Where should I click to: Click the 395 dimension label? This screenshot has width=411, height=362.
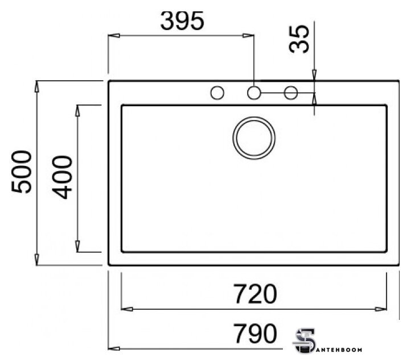182,20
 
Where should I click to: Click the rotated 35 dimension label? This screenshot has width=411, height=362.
299,39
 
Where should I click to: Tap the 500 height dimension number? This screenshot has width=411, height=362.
22,172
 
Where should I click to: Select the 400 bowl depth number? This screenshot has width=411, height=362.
62,177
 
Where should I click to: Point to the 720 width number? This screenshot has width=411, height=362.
255,294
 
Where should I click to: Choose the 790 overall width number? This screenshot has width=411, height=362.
255,333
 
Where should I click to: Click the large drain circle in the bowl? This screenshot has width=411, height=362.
254,138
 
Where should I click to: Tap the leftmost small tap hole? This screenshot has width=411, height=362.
217,93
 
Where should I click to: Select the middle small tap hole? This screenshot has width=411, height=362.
254,93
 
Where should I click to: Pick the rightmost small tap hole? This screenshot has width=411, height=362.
291,93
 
